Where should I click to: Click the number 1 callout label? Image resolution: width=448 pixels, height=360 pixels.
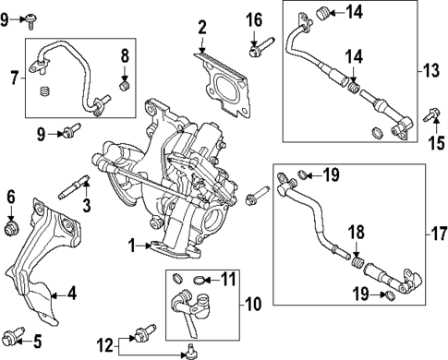point(131,246)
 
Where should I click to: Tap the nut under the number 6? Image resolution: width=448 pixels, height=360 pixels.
point(12,226)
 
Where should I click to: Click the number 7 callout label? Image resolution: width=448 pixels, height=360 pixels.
point(13,78)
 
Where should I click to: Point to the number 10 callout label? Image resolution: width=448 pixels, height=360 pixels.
point(253,301)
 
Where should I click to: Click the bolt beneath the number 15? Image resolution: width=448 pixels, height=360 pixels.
point(430,116)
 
